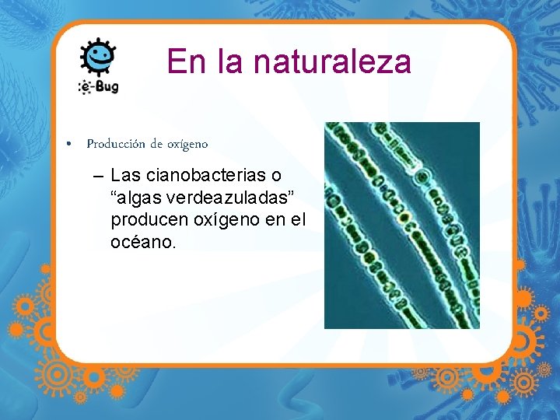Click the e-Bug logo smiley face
click(99, 57)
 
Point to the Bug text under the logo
click(105, 86)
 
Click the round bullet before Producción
click(70, 145)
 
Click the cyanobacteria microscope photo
click(401, 225)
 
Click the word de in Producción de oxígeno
click(156, 144)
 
